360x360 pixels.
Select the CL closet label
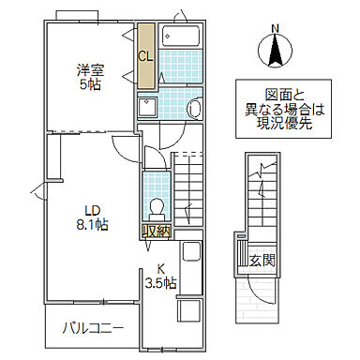(145, 55)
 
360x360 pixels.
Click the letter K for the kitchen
(159, 265)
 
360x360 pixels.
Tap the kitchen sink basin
(191, 254)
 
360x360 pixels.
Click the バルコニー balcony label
(93, 329)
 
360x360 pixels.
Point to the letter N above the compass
(275, 28)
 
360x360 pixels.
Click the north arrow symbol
(275, 51)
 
